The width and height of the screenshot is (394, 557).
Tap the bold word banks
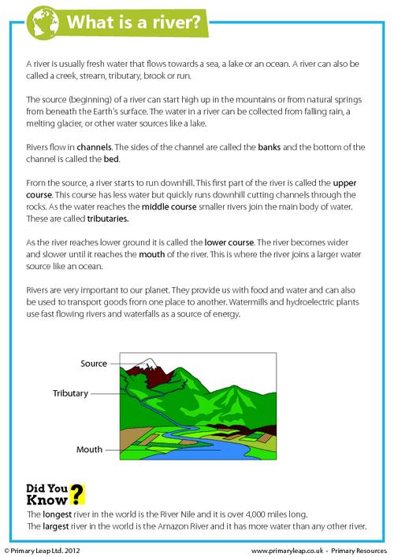click(x=269, y=147)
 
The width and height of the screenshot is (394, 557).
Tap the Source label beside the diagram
click(x=94, y=363)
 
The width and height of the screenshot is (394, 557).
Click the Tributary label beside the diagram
click(x=72, y=392)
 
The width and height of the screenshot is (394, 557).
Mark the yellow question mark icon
click(x=77, y=495)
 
